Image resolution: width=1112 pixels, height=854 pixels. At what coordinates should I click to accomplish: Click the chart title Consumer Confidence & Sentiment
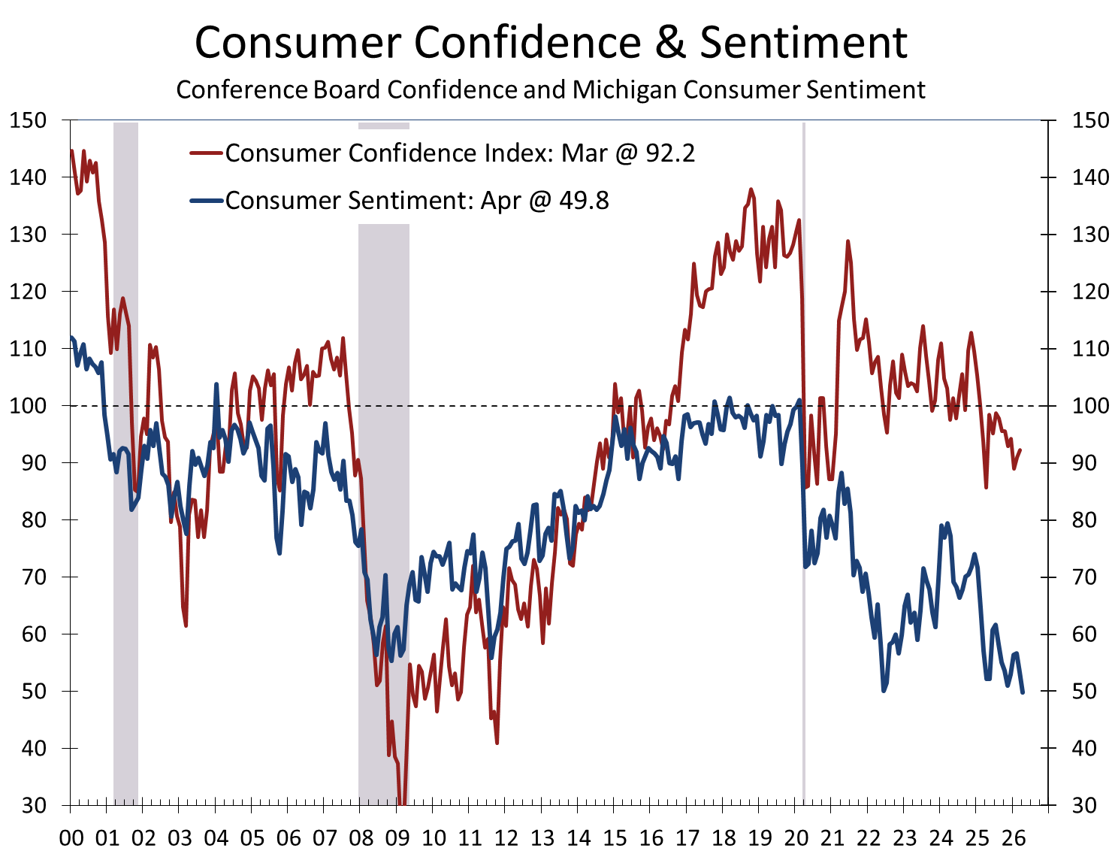coord(551,43)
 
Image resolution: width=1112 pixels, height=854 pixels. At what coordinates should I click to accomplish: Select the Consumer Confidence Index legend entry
coord(460,153)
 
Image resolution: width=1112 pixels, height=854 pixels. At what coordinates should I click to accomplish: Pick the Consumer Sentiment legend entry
coord(417,201)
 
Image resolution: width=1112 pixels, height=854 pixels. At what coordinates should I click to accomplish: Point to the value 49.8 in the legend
coord(582,201)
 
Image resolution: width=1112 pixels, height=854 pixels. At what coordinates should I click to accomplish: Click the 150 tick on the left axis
coord(28,120)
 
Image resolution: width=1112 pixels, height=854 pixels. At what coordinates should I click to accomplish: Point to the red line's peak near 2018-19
coord(751,189)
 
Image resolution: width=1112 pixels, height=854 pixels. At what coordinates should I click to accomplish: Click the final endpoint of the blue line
coord(1023,692)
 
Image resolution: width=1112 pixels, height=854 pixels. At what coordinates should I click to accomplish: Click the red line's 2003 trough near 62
coord(186,625)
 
